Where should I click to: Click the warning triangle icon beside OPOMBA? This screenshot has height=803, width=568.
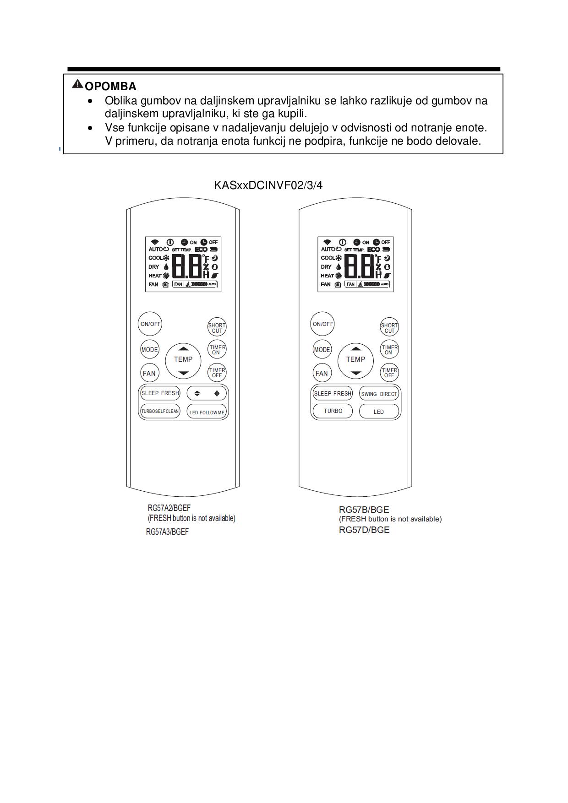click(77, 84)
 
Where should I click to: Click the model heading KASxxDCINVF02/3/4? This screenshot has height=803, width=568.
click(268, 185)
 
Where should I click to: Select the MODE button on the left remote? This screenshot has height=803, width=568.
click(149, 350)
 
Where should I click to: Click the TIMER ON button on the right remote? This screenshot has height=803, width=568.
click(389, 350)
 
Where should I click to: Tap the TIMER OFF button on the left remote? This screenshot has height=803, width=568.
click(217, 373)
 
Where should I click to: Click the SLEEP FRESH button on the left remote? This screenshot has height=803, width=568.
click(160, 393)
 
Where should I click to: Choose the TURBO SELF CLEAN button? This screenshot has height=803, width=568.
click(160, 411)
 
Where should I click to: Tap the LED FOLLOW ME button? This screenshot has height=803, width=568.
click(207, 412)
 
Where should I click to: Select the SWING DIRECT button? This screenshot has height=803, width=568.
click(379, 394)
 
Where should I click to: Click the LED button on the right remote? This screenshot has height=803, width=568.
click(379, 412)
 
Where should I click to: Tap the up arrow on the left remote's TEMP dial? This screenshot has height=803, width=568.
click(183, 348)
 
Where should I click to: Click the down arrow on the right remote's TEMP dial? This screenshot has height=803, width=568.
click(356, 373)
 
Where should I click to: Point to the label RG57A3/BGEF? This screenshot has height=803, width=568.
click(167, 532)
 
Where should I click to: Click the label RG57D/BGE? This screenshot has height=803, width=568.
click(364, 530)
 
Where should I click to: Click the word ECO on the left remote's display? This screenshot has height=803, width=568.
click(201, 250)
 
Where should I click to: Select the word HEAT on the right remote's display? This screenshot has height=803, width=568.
click(327, 276)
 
